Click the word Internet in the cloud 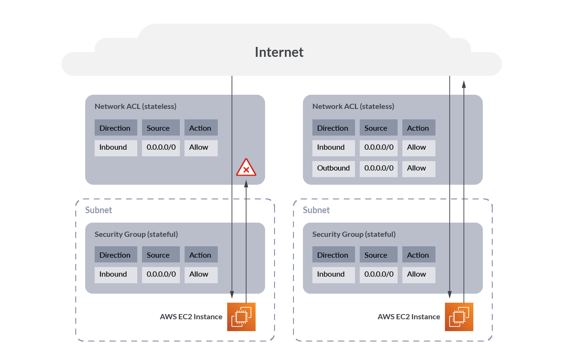[x=279, y=52]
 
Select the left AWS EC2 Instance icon [x=241, y=316]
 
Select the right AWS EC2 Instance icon [x=459, y=316]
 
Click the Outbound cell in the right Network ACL [x=334, y=168]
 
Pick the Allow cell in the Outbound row [x=418, y=168]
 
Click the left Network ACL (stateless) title [x=135, y=107]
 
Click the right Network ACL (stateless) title [x=353, y=107]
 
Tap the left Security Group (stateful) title [x=136, y=234]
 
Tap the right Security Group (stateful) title [x=354, y=234]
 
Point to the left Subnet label [x=98, y=210]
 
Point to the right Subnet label [x=316, y=210]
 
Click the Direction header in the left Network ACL [x=115, y=128]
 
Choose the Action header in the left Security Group [x=201, y=255]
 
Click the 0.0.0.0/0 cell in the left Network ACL [x=161, y=147]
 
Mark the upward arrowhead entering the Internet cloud [x=464, y=84]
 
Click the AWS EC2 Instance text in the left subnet [x=191, y=317]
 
